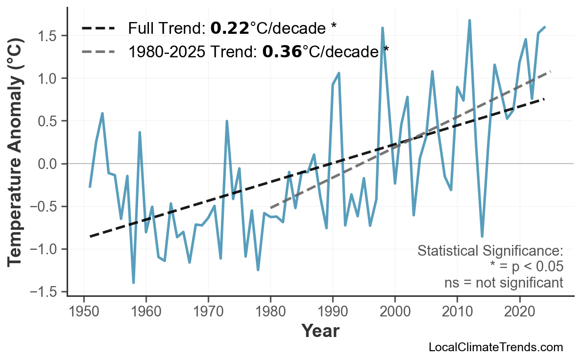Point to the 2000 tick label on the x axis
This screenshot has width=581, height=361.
(x=395, y=312)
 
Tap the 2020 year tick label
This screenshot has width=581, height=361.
(x=519, y=312)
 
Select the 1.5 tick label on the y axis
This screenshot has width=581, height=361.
(x=48, y=36)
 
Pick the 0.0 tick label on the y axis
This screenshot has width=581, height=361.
(x=48, y=164)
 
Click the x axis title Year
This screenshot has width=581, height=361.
(x=320, y=331)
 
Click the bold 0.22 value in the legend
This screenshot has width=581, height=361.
(x=230, y=28)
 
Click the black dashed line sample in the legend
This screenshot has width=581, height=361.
(x=98, y=28)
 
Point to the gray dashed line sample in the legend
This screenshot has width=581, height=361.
(x=98, y=51)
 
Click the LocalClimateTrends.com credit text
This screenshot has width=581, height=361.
(x=495, y=347)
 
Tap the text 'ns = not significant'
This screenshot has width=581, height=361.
(x=504, y=283)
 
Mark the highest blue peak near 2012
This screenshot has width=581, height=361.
(x=469, y=21)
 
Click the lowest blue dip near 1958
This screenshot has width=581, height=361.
(x=133, y=283)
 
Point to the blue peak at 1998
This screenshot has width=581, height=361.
(x=382, y=28)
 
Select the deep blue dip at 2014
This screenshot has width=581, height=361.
(x=482, y=237)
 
